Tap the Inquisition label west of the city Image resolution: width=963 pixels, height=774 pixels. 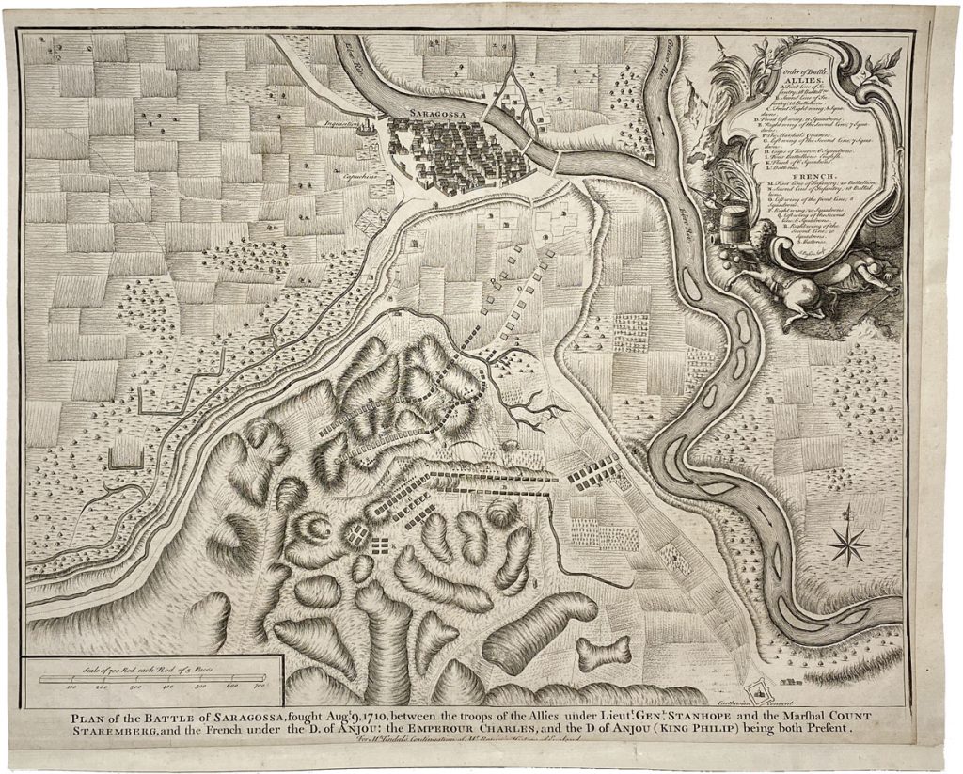point(368,123)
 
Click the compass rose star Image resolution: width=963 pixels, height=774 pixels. point(848,545)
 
